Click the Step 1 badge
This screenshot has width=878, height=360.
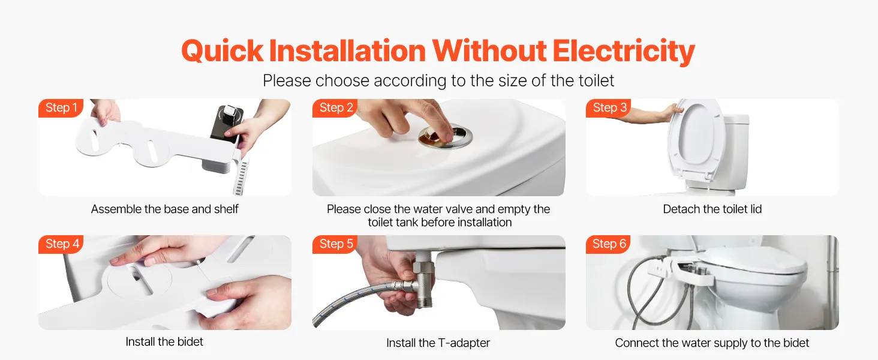[x=61, y=108]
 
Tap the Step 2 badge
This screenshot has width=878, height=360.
[x=335, y=108]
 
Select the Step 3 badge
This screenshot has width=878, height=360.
[x=609, y=108]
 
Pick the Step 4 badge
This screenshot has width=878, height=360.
[x=61, y=244]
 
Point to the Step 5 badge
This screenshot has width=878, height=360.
[x=335, y=244]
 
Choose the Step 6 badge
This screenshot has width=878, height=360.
[x=608, y=244]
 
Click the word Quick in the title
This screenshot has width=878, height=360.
[x=222, y=52]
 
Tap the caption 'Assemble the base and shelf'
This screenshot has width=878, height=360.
[x=164, y=209]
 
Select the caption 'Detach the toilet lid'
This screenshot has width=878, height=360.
[x=712, y=209]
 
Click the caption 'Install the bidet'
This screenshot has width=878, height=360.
[x=164, y=341]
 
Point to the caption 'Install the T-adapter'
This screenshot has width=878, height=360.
[x=438, y=343]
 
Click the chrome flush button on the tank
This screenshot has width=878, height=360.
[x=446, y=136]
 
